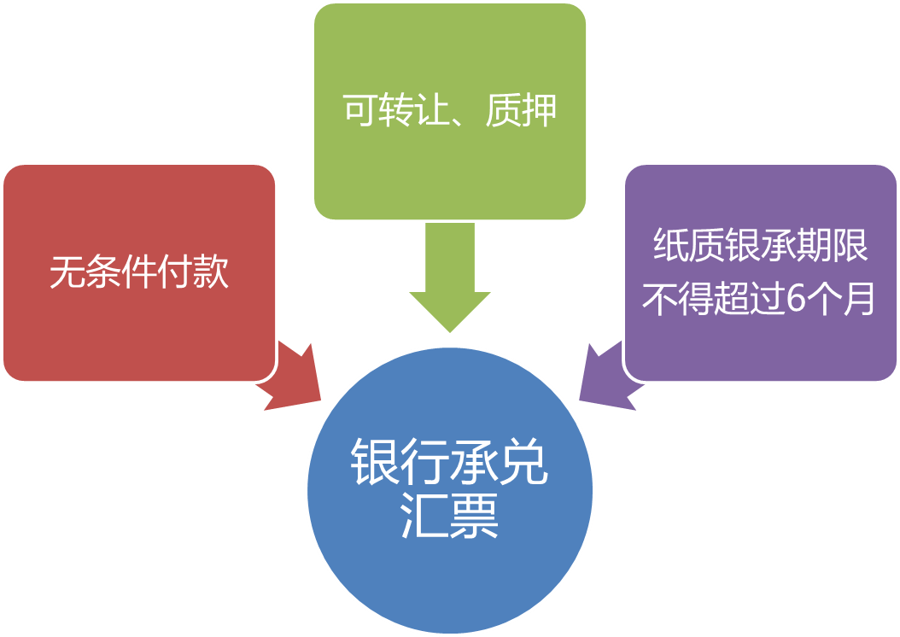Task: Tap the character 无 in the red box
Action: (66, 273)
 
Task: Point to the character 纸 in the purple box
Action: (670, 247)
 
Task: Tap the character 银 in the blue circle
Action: (376, 464)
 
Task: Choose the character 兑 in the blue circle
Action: (523, 464)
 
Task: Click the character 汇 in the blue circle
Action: (425, 515)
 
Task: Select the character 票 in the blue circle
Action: (475, 515)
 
